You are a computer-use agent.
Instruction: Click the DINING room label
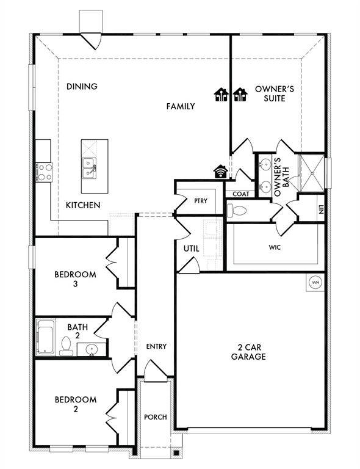point(82,86)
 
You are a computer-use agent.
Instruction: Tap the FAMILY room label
point(181,106)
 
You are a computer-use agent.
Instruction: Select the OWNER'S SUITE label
point(274,93)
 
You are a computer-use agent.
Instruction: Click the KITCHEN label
point(83,205)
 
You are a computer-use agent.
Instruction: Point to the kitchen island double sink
point(89,168)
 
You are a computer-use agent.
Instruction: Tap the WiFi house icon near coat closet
point(220,172)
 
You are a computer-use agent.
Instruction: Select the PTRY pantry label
point(201,201)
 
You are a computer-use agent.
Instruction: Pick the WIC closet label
point(274,248)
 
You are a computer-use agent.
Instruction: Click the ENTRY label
point(156,346)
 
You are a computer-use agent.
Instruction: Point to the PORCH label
point(155,417)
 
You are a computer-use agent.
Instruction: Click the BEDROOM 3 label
point(76,279)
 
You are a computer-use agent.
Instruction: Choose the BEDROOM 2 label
point(76,404)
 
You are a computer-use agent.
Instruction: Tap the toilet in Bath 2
point(67,346)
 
